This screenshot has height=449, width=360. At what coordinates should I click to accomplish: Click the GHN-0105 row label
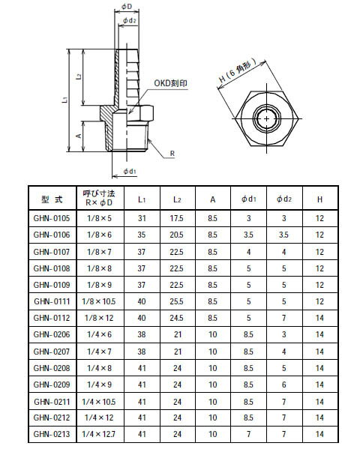(51, 217)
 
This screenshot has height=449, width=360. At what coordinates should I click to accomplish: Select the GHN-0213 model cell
(51, 433)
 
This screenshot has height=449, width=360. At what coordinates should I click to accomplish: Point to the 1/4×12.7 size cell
(97, 433)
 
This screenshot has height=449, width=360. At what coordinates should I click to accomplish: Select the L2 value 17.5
(177, 217)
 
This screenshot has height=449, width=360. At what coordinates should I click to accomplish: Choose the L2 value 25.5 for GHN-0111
(177, 301)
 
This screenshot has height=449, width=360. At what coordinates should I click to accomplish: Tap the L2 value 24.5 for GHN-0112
(177, 317)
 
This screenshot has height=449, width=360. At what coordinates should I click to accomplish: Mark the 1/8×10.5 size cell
(97, 301)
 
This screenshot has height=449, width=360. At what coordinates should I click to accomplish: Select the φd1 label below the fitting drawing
(128, 172)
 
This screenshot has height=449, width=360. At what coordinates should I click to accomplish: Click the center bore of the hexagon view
(267, 118)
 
